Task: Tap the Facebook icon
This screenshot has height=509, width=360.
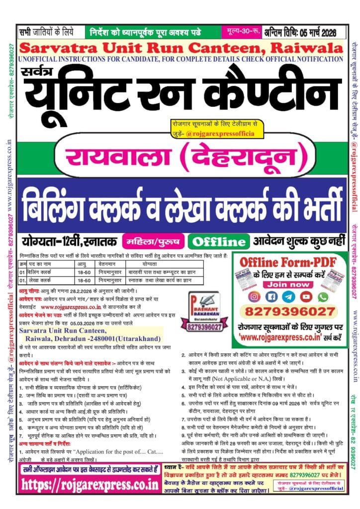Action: pyautogui.click(x=272, y=297)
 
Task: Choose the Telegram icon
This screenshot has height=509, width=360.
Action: pyautogui.click(x=289, y=297)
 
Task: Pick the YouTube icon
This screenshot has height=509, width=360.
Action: pyautogui.click(x=306, y=297)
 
